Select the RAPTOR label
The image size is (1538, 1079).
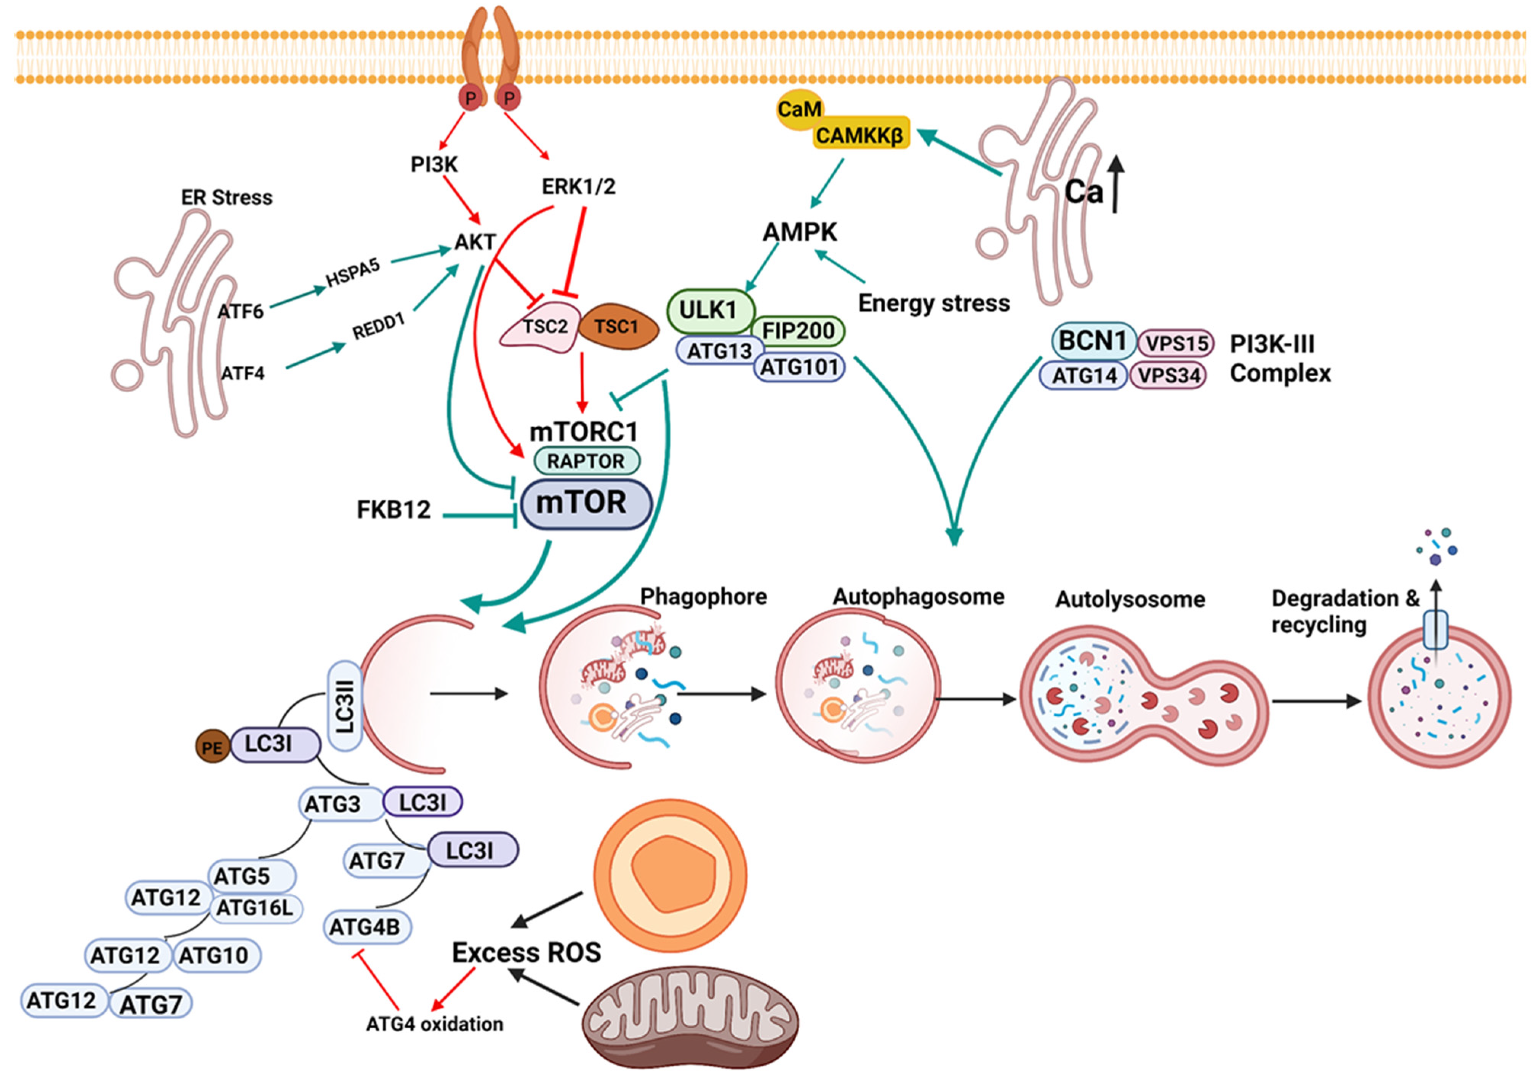(586, 461)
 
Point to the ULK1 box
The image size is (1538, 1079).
(710, 310)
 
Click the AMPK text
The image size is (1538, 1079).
(800, 232)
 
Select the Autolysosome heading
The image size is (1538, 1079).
(1130, 599)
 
